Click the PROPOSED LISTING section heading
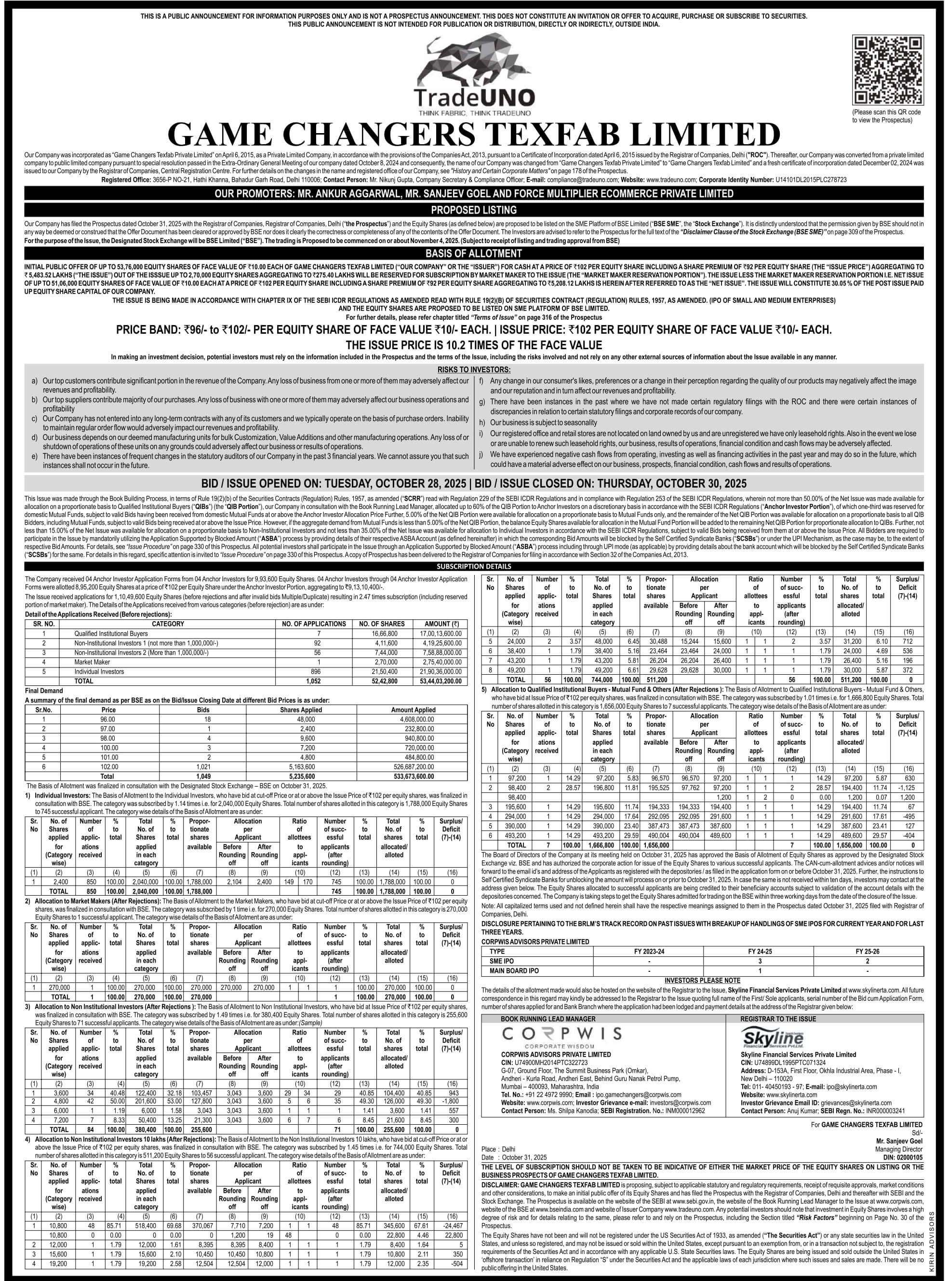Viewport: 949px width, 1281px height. (474, 210)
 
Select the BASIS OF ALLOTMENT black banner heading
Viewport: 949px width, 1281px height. (474, 253)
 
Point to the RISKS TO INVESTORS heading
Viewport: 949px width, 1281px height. (474, 369)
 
